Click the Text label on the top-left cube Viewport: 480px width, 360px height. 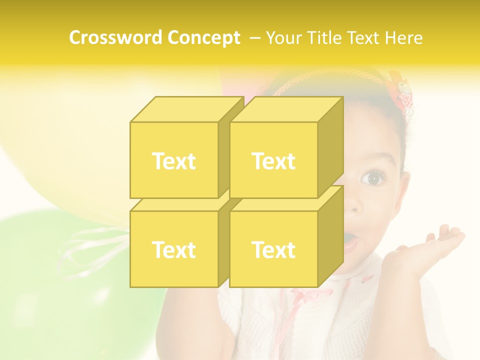click(x=173, y=161)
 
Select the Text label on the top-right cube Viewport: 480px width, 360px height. click(x=273, y=161)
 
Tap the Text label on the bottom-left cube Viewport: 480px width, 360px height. click(x=173, y=249)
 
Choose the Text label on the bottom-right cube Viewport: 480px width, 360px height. click(x=273, y=249)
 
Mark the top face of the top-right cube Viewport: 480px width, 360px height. click(x=285, y=109)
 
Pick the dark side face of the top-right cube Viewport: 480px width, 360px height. click(x=330, y=147)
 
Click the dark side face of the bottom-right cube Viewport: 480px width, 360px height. click(x=330, y=236)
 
